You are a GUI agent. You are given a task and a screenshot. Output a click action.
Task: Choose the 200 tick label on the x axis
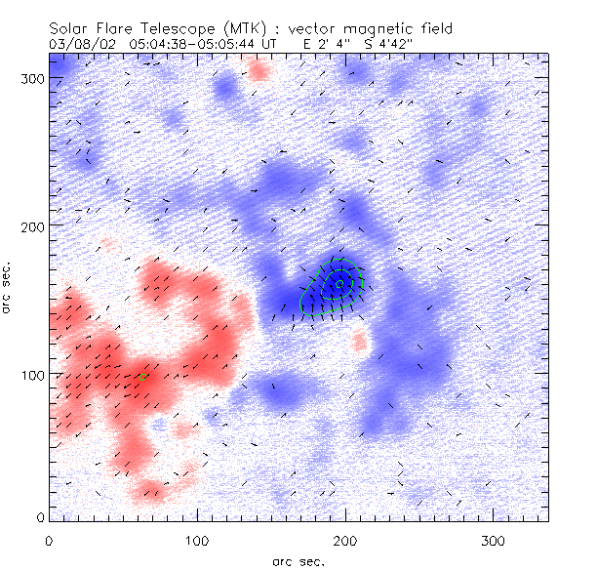pyautogui.click(x=344, y=539)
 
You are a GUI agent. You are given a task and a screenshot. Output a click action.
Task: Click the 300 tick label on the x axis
pyautogui.click(x=493, y=539)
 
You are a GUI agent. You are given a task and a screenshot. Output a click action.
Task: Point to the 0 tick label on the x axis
pyautogui.click(x=49, y=539)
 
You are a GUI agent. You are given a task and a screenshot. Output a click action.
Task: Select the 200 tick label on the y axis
pyautogui.click(x=32, y=225)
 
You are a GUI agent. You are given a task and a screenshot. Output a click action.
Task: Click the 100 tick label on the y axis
pyautogui.click(x=32, y=374)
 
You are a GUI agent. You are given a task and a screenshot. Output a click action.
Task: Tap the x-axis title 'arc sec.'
pyautogui.click(x=298, y=560)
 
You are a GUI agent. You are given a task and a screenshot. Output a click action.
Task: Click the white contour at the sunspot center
pyautogui.click(x=339, y=284)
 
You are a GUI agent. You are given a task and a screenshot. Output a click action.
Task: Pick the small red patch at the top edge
pyautogui.click(x=259, y=69)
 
